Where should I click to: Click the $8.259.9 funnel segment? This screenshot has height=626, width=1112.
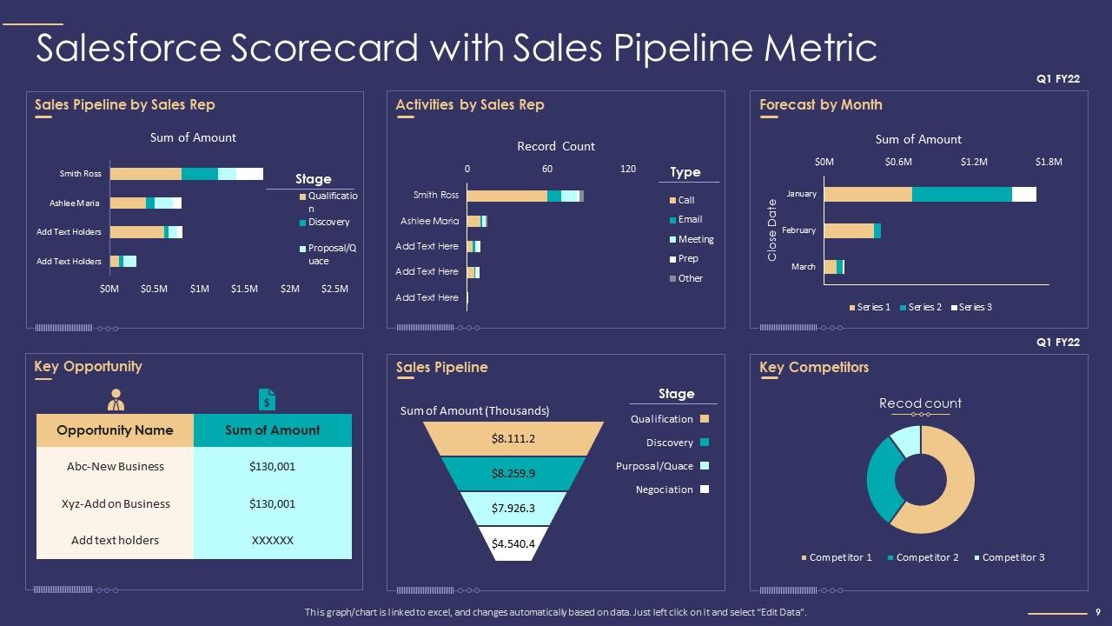[x=513, y=474]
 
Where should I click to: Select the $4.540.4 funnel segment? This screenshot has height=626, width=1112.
[x=513, y=544]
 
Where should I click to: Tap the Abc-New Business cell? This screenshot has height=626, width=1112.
[x=116, y=466]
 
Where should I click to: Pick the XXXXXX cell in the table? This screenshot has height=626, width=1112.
[x=272, y=540]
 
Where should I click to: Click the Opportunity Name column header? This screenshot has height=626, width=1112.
[x=115, y=430]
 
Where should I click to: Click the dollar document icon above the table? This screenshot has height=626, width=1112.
[x=268, y=399]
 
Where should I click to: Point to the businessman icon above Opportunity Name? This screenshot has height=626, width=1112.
[x=116, y=400]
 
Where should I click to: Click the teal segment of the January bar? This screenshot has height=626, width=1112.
[x=962, y=194]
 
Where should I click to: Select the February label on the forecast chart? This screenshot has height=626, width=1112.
[x=798, y=230]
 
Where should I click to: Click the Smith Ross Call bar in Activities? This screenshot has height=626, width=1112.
[x=507, y=196]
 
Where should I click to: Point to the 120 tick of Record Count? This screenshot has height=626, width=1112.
[x=628, y=169]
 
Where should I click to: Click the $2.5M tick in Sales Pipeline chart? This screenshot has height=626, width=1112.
[x=335, y=289]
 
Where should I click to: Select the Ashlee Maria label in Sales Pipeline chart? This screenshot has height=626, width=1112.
[x=75, y=203]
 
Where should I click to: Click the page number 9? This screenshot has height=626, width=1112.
[x=1098, y=612]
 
